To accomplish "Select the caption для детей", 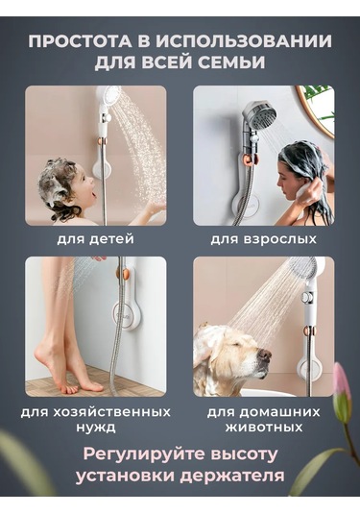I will (x=95, y=238).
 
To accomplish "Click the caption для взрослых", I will (x=263, y=238).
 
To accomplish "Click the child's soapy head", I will (x=59, y=178).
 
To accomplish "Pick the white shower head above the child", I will (x=108, y=99).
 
